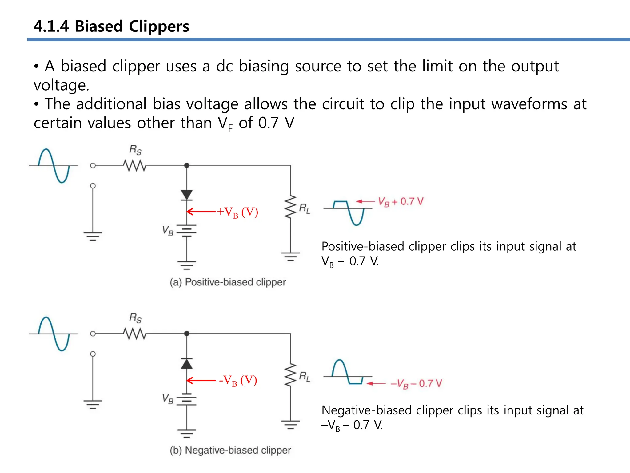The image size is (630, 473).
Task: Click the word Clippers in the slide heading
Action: click(x=159, y=26)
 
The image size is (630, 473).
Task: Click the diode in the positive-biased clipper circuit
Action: click(x=187, y=195)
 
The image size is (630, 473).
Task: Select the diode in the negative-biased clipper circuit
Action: click(x=187, y=364)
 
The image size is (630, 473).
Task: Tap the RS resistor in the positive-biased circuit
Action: click(x=135, y=166)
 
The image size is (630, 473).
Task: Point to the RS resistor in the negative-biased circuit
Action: click(x=135, y=334)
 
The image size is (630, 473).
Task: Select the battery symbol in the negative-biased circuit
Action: click(x=187, y=399)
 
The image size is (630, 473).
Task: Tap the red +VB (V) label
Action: click(x=237, y=212)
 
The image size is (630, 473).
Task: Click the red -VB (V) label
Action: click(x=238, y=381)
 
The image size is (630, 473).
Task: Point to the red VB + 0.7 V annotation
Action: click(x=401, y=202)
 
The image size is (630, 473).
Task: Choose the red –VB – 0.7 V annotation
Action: click(x=416, y=384)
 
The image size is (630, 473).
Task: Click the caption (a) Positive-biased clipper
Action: click(x=228, y=282)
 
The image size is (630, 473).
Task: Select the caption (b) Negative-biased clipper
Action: click(x=230, y=450)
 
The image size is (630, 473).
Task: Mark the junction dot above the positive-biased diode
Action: click(x=187, y=165)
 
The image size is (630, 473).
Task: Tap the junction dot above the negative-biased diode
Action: click(x=187, y=334)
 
